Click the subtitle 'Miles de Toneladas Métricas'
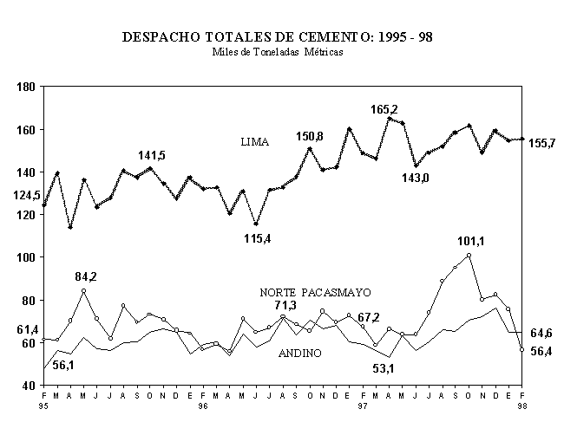pos(278,52)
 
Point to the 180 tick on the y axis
pos(23,87)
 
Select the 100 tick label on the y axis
pos(23,257)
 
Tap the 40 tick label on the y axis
pos(26,386)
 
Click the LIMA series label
pos(254,141)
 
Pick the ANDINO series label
pos(300,354)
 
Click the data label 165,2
pos(384,109)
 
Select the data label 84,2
pos(86,277)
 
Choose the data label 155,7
pos(542,143)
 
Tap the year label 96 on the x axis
pos(203,405)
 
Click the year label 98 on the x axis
pos(521,405)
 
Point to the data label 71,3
pos(285,307)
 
